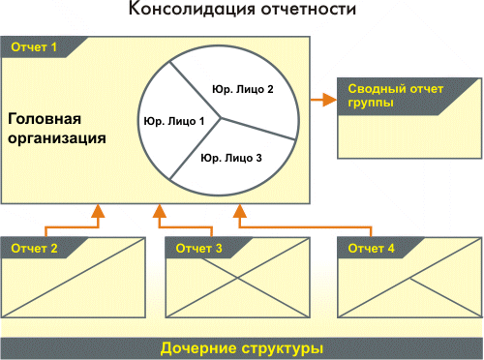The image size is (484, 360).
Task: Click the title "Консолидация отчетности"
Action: pyautogui.click(x=242, y=9)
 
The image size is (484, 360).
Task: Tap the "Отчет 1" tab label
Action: pyautogui.click(x=34, y=47)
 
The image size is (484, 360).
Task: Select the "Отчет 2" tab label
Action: pyautogui.click(x=34, y=249)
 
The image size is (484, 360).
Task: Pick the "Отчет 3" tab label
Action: pyautogui.click(x=198, y=249)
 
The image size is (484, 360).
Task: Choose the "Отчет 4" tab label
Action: pyautogui.click(x=371, y=249)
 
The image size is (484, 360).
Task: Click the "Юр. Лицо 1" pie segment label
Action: pyautogui.click(x=174, y=121)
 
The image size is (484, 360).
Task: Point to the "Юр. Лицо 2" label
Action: pyautogui.click(x=243, y=89)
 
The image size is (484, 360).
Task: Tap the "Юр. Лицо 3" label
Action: pyautogui.click(x=231, y=158)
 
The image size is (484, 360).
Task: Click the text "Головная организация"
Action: pyautogui.click(x=57, y=129)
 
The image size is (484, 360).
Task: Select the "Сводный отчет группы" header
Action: pyautogui.click(x=396, y=96)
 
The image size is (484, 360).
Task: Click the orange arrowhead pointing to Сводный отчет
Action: pyautogui.click(x=330, y=100)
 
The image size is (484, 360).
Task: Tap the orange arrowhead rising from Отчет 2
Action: pyautogui.click(x=98, y=211)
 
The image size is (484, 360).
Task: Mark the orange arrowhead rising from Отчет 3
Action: pyautogui.click(x=160, y=211)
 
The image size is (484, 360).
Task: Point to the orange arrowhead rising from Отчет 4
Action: pyautogui.click(x=240, y=211)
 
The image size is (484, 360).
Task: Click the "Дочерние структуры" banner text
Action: pyautogui.click(x=242, y=348)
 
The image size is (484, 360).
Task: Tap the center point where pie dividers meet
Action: pyautogui.click(x=221, y=118)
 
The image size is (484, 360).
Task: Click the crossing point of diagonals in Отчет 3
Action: pyautogui.click(x=238, y=278)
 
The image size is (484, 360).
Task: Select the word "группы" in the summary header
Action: pyautogui.click(x=371, y=104)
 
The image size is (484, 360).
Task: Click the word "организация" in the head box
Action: pyautogui.click(x=57, y=138)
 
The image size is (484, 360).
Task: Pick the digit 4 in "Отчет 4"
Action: pyautogui.click(x=391, y=249)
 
